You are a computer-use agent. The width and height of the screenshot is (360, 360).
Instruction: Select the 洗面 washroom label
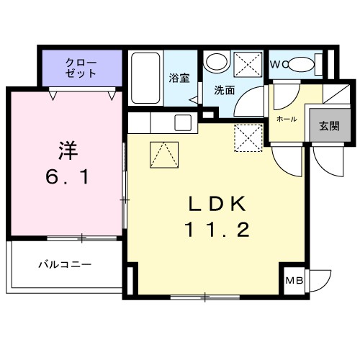click(x=224, y=90)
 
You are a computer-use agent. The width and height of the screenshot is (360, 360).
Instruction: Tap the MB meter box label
click(x=294, y=282)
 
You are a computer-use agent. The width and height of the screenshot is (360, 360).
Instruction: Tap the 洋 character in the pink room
click(x=66, y=150)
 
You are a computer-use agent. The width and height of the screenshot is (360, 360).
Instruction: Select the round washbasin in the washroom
click(x=214, y=63)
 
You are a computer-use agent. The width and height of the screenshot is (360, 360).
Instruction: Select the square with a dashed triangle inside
click(x=163, y=154)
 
